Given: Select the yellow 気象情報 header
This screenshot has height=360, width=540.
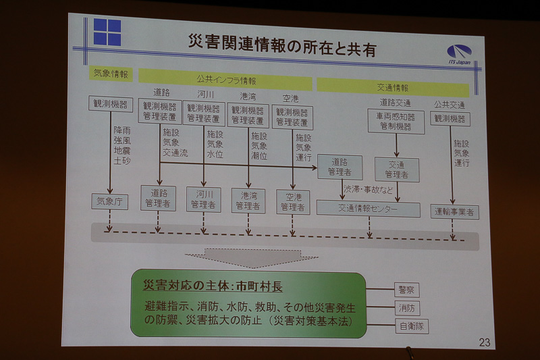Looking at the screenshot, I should pyautogui.click(x=110, y=74).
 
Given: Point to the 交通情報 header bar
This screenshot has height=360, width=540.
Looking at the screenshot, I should pyautogui.click(x=392, y=87).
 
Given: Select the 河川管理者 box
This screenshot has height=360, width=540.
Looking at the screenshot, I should pyautogui.click(x=202, y=199).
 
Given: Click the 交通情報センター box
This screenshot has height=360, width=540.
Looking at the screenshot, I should pyautogui.click(x=367, y=209).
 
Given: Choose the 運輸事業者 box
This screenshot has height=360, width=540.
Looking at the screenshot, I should pyautogui.click(x=454, y=211).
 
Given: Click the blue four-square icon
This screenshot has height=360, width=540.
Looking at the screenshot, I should pyautogui.click(x=107, y=32).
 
